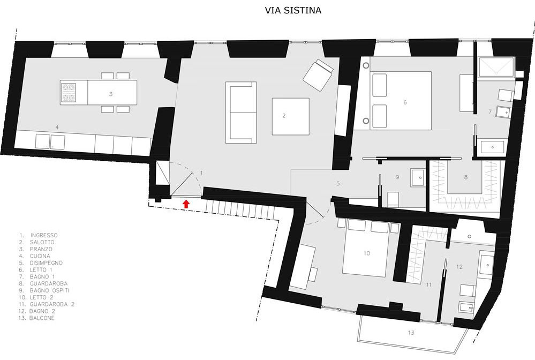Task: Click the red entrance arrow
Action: (186, 204)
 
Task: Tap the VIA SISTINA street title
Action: (293, 11)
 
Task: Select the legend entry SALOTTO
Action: (42, 242)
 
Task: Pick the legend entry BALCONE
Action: (42, 318)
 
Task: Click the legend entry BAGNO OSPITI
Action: (49, 290)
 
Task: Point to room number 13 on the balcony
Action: (411, 332)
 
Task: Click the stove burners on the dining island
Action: (67, 93)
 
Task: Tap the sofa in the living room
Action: (241, 112)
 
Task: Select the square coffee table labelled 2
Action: (291, 116)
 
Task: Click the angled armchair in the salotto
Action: (318, 74)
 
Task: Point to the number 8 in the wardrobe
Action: (466, 177)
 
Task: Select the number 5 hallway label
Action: (338, 184)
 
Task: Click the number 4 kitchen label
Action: (57, 127)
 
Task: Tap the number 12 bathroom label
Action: (459, 267)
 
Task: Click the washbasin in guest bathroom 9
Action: (417, 177)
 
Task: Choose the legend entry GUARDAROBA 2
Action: (52, 304)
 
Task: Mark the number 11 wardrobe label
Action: (428, 284)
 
